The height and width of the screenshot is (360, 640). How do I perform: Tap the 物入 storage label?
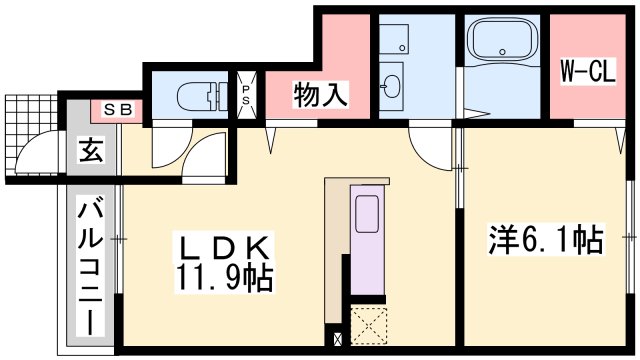321,95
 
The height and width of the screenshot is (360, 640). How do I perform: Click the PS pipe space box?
247,96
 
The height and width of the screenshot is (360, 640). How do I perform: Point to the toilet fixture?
201,97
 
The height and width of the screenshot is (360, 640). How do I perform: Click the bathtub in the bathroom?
504,43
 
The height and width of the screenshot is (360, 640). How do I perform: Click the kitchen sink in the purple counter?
367,216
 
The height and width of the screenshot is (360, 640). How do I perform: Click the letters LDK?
221,245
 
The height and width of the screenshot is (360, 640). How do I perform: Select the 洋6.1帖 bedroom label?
545,240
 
